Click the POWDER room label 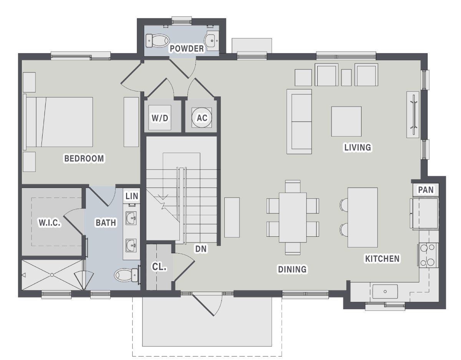point(187,49)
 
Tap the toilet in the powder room point(158,40)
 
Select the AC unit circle point(202,118)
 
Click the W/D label point(160,118)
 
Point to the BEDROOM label point(84,159)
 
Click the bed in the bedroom point(60,122)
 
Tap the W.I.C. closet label point(49,222)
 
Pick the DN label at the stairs point(201,249)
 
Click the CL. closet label point(159,267)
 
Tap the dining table point(293,217)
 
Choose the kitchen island point(363,217)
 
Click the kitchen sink point(385,292)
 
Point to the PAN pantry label point(426,190)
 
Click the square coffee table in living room point(346,121)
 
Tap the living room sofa point(299,122)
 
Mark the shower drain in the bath point(52,275)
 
